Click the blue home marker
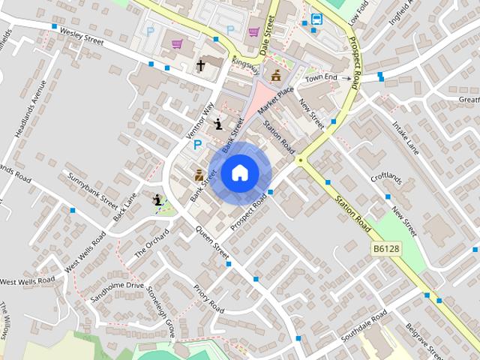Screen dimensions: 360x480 pyautogui.click(x=239, y=173)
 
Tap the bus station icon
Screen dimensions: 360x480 pyautogui.click(x=316, y=19)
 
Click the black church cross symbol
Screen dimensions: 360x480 pyautogui.click(x=200, y=67)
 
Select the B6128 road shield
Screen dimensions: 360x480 pyautogui.click(x=386, y=248)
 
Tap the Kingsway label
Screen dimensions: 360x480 pyautogui.click(x=246, y=67)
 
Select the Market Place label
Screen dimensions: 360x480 pyautogui.click(x=276, y=101)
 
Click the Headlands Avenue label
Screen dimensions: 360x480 pyautogui.click(x=31, y=109)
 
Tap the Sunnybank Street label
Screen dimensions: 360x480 pyautogui.click(x=93, y=190)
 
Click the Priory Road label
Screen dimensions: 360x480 pyautogui.click(x=208, y=298)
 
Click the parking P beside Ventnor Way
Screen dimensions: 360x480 pyautogui.click(x=198, y=145)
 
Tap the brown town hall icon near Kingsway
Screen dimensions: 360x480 pyautogui.click(x=276, y=75)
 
